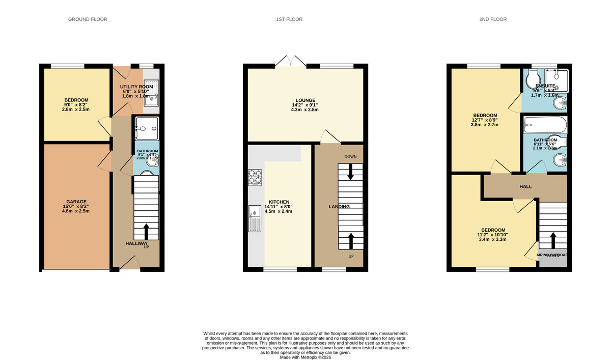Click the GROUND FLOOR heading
[x=88, y=19]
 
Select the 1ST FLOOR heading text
[x=289, y=19]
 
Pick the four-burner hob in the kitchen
[x=255, y=177]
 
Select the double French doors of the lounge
[x=290, y=61]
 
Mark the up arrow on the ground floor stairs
[x=147, y=231]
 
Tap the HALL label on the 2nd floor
[x=525, y=187]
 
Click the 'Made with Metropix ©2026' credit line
[x=305, y=357]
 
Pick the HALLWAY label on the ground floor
[x=136, y=244]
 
